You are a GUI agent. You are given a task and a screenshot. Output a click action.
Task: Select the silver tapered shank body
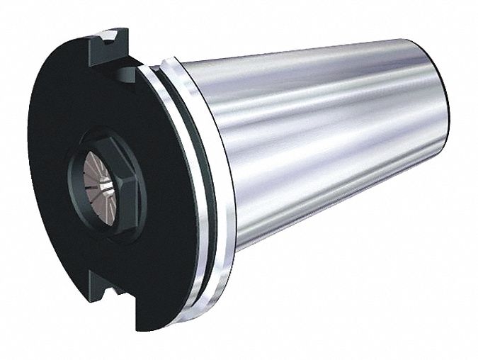pos(333,149)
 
